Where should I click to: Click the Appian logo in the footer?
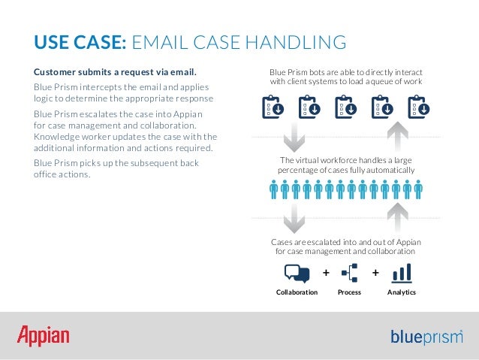(x=44, y=335)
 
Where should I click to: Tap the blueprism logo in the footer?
(x=426, y=337)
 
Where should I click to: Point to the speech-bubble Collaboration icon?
(x=297, y=273)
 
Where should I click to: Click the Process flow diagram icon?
(x=349, y=273)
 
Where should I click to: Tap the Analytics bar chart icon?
(x=402, y=273)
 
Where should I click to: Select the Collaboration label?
(x=297, y=292)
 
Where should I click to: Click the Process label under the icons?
(x=349, y=292)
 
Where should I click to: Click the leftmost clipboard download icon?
(x=272, y=108)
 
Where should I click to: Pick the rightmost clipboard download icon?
(x=418, y=108)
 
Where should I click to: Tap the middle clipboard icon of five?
(x=345, y=108)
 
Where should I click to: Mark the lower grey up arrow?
(x=399, y=219)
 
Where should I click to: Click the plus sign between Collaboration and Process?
(x=325, y=272)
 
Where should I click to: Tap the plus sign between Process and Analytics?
(x=375, y=272)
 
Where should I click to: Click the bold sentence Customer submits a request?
(x=115, y=73)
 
